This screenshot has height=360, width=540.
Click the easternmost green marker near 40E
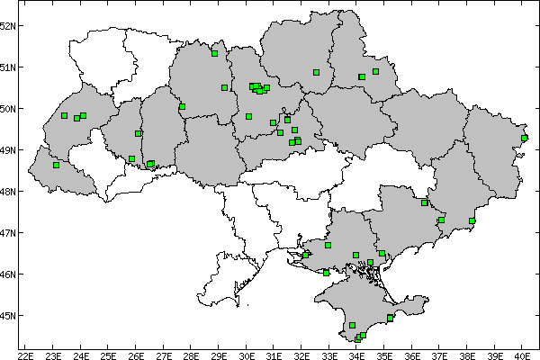(x=525, y=138)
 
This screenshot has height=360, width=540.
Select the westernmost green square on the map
(x=56, y=165)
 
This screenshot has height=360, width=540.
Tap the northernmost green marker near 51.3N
(x=214, y=53)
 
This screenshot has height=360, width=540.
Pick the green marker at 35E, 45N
(x=390, y=318)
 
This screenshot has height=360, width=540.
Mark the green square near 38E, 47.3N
(x=472, y=220)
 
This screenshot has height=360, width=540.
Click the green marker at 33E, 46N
(x=326, y=273)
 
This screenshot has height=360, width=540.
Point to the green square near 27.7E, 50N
(x=182, y=106)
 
